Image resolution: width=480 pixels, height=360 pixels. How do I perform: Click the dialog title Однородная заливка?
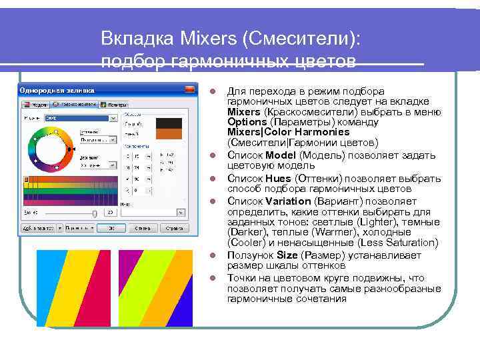[x=57, y=90]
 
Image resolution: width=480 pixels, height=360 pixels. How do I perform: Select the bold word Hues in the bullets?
[x=277, y=179]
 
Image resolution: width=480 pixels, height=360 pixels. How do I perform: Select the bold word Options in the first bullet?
[x=247, y=122]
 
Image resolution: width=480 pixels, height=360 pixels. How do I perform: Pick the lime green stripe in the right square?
[x=153, y=287]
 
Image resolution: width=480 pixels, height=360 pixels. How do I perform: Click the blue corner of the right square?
[x=186, y=313]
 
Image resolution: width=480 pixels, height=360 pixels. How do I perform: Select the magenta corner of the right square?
[x=124, y=260]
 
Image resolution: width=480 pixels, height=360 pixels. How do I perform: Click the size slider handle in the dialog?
[x=95, y=213]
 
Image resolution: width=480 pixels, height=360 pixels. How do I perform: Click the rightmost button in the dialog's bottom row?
[x=173, y=228]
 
